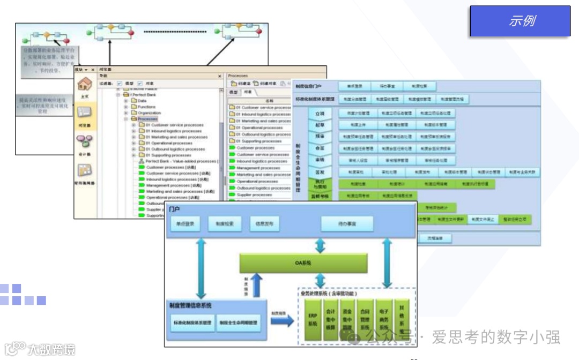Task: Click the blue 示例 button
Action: click(519, 21)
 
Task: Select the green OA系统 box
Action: click(303, 262)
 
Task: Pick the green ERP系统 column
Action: click(313, 320)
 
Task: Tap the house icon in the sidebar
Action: click(84, 85)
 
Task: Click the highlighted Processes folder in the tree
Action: click(148, 119)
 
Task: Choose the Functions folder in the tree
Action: click(146, 107)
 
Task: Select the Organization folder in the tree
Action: click(149, 113)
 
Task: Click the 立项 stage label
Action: click(320, 114)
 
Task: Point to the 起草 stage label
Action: click(320, 125)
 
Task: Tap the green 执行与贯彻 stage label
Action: click(320, 184)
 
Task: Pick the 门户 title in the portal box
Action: click(174, 208)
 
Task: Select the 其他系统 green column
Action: click(402, 320)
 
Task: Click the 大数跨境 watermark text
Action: click(51, 349)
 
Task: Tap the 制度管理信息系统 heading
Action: click(190, 305)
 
